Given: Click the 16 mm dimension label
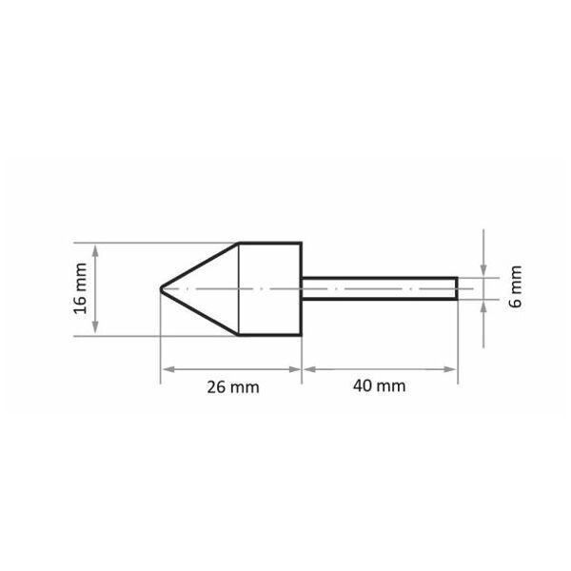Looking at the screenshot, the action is [x=80, y=288].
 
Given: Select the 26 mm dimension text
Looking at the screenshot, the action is [x=233, y=386].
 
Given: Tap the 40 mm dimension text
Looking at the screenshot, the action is [x=379, y=385].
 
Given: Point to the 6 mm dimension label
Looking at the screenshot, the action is [x=516, y=287].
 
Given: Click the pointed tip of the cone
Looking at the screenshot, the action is [x=161, y=288].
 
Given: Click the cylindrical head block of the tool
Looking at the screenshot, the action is [x=270, y=288].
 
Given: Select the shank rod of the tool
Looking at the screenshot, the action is [x=380, y=288].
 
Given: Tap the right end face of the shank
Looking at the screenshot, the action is [x=457, y=288].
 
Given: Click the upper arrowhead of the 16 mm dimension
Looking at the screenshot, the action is [x=95, y=250].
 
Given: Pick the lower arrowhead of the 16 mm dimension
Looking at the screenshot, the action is [x=95, y=326].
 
